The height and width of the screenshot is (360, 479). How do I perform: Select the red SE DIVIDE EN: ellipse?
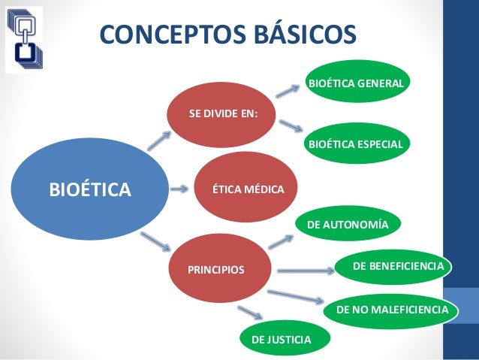223,114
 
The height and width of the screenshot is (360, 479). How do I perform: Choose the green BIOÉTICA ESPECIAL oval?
356,142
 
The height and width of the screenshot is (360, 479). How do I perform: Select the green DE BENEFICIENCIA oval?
398,266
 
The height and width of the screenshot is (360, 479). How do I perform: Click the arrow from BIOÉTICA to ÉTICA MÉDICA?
179,189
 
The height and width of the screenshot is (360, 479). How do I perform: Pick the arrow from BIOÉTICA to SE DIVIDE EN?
160,141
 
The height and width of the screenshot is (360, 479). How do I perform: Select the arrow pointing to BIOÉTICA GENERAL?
289,90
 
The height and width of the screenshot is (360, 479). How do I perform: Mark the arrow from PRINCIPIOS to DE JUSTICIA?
249,312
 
